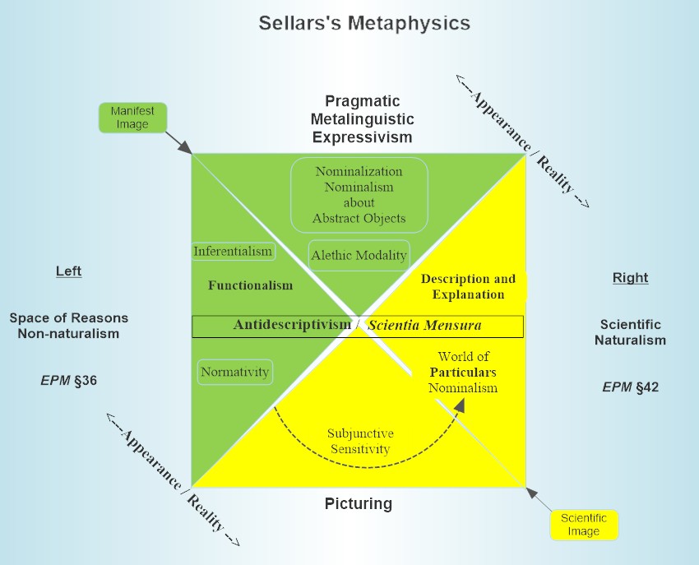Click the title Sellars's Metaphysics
tap(364, 22)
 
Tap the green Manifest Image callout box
tap(132, 117)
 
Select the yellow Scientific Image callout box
tap(583, 525)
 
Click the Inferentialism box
tap(233, 251)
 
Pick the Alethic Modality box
tap(359, 255)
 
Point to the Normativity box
tap(235, 372)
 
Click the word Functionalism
tap(250, 285)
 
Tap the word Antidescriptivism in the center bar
tap(292, 326)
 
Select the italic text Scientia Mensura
tap(424, 326)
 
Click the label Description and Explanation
tap(468, 286)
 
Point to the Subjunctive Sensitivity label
tap(359, 441)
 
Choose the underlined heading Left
tap(68, 271)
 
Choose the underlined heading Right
tap(630, 277)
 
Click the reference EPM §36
tap(68, 380)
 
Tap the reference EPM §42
tap(630, 387)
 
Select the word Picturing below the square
tap(359, 503)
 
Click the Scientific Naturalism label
tap(630, 332)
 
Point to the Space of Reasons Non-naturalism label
tap(68, 326)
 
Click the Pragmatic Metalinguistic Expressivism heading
tap(362, 119)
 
